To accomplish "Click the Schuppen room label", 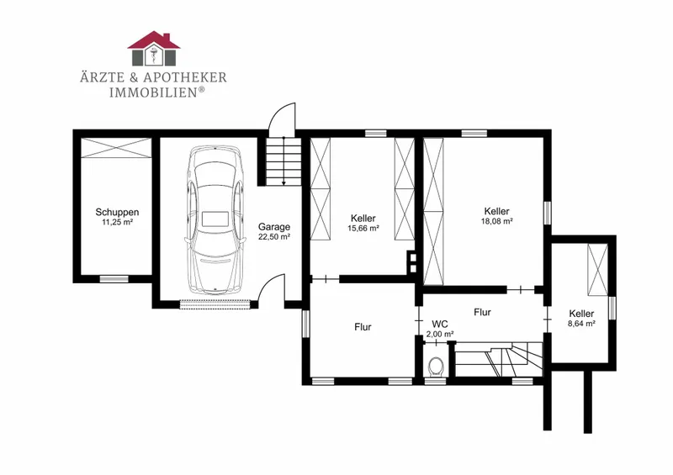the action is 117,212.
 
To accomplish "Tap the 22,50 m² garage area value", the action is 274,236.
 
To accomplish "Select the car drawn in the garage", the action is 215,219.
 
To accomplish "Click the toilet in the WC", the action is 436,367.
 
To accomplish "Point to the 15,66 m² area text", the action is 363,229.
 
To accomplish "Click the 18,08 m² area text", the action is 497,221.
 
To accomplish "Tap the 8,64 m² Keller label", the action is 581,314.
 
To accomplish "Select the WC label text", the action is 440,324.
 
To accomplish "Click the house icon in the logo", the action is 154,49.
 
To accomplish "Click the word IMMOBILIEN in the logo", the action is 154,92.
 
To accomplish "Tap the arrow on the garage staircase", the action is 284,161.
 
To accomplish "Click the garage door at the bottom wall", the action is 215,304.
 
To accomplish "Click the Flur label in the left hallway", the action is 363,327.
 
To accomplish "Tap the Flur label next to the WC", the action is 482,312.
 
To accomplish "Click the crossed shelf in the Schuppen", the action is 116,148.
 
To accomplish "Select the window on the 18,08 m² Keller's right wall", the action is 547,213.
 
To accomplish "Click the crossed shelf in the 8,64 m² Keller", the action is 597,270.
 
